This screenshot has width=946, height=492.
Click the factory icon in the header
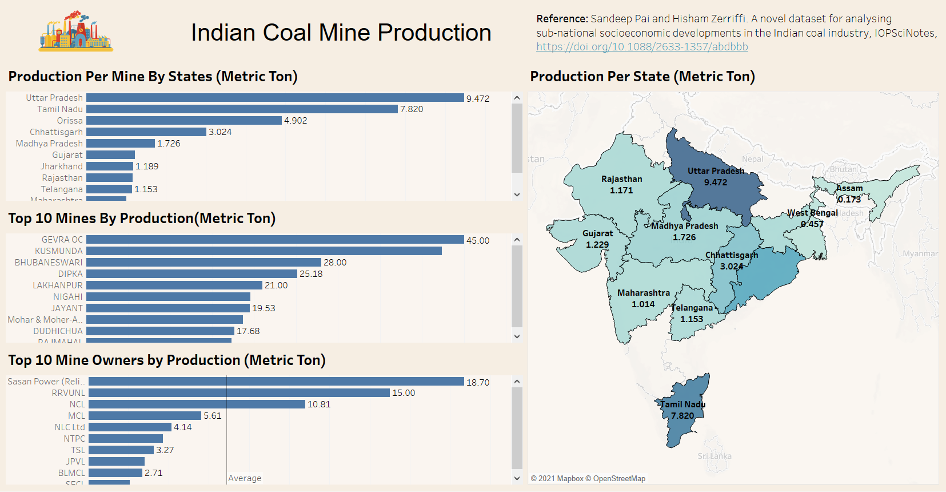pyautogui.click(x=75, y=31)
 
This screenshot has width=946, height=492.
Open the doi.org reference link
pyautogui.click(x=642, y=47)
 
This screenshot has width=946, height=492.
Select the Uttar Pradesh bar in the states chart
pyautogui.click(x=275, y=98)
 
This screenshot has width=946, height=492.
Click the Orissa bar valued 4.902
pyautogui.click(x=184, y=121)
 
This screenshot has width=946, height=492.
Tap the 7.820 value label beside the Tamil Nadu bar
pyautogui.click(x=412, y=109)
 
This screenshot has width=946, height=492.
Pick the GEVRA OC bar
pyautogui.click(x=275, y=240)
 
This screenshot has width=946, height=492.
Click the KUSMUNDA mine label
pyautogui.click(x=59, y=251)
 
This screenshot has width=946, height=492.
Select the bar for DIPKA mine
pyautogui.click(x=191, y=274)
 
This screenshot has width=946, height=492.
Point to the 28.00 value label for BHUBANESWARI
pyautogui.click(x=335, y=263)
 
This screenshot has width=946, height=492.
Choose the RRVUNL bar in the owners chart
pyautogui.click(x=239, y=393)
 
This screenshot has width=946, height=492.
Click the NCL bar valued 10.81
pyautogui.click(x=197, y=404)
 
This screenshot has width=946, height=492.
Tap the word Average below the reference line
pyautogui.click(x=245, y=478)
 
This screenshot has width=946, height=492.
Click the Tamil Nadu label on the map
pyautogui.click(x=683, y=404)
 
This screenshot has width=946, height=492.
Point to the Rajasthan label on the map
pyautogui.click(x=622, y=179)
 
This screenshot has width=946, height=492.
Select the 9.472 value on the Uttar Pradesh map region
pyautogui.click(x=716, y=182)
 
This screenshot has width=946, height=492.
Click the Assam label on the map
pyautogui.click(x=850, y=188)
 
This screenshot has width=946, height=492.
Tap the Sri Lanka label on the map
pyautogui.click(x=715, y=456)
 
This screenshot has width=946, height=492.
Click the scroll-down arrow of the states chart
pyautogui.click(x=517, y=195)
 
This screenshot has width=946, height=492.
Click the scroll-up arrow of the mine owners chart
pyautogui.click(x=517, y=382)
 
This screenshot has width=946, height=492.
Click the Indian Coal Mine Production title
pyautogui.click(x=341, y=33)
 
